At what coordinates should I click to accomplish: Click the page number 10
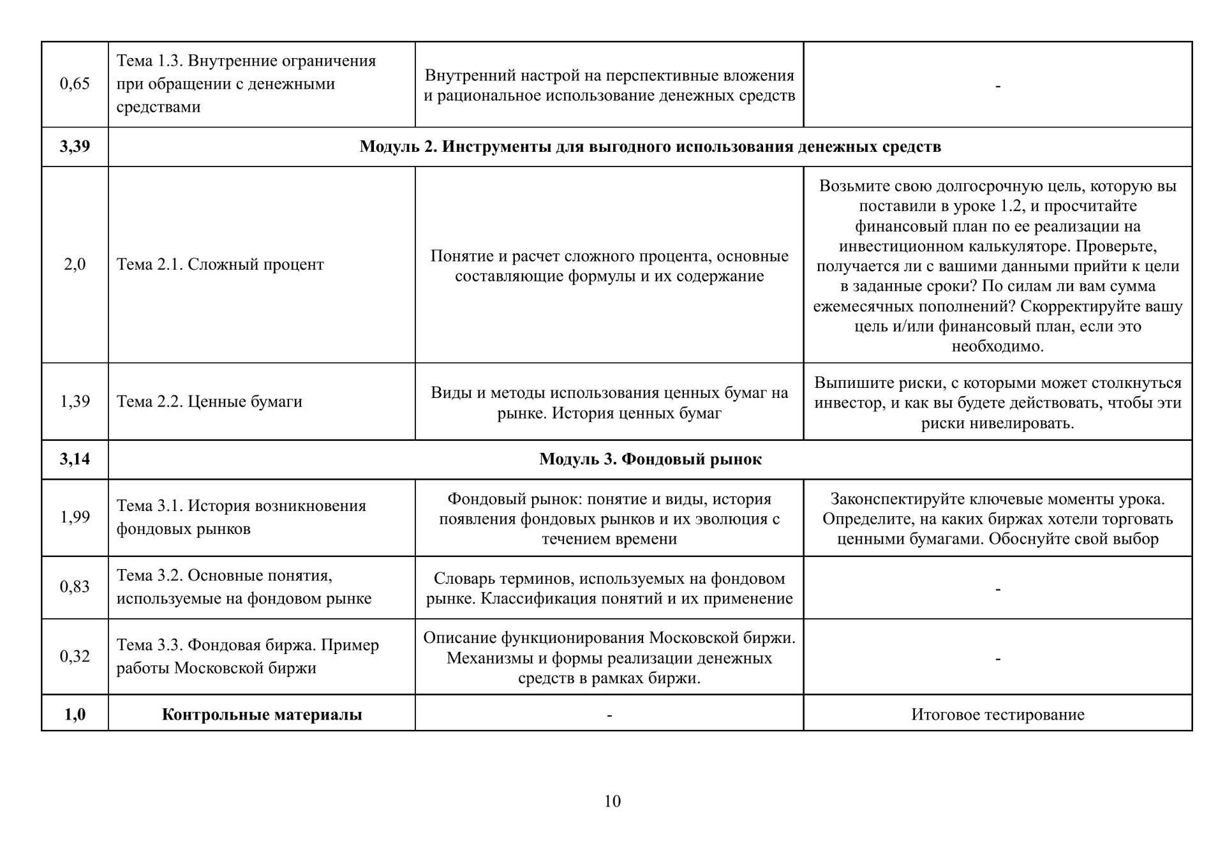click(x=612, y=801)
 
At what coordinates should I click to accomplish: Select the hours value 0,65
click(x=75, y=84)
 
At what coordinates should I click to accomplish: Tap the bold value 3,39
click(x=75, y=147)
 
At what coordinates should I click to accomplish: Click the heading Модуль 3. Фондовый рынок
click(x=650, y=459)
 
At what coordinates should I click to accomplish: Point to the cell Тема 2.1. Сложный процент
click(x=220, y=265)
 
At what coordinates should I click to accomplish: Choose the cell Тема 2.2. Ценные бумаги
click(x=209, y=401)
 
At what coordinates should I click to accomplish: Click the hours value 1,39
click(x=75, y=401)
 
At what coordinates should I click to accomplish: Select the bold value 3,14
click(x=75, y=459)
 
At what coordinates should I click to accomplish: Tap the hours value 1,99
click(x=75, y=517)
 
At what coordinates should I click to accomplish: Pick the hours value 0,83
click(x=75, y=587)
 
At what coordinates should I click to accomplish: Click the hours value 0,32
click(x=75, y=656)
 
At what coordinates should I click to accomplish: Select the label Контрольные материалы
click(x=262, y=715)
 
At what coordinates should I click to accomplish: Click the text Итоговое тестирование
click(x=997, y=715)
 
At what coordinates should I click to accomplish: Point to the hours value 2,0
click(x=75, y=265)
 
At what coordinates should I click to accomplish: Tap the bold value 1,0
click(x=75, y=715)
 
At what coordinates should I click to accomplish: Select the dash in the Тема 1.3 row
click(x=997, y=85)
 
